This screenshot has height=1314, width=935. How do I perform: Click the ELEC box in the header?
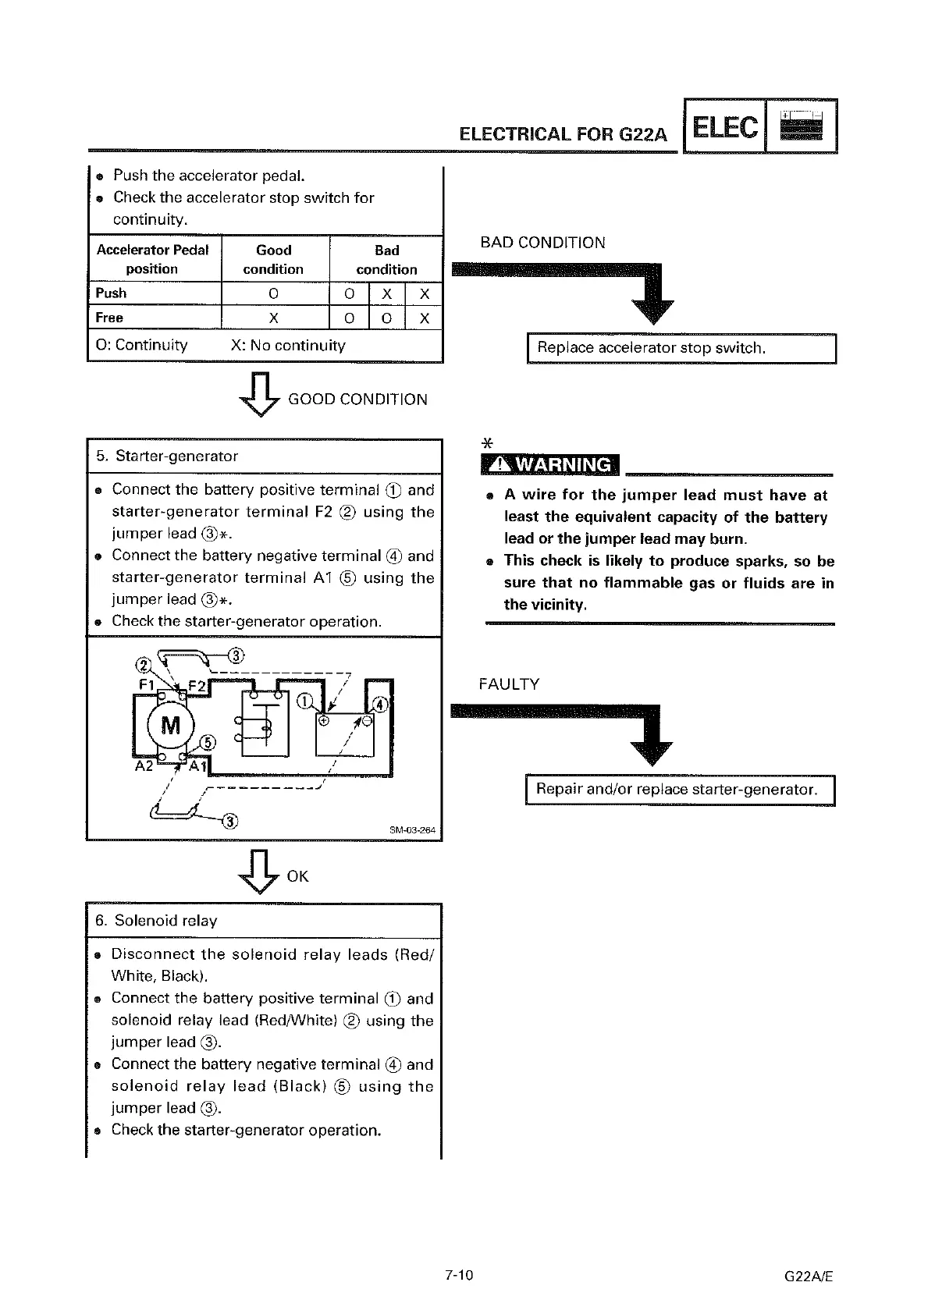click(724, 126)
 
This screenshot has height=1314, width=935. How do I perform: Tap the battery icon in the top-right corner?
click(802, 126)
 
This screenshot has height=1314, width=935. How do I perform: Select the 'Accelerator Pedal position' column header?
click(152, 259)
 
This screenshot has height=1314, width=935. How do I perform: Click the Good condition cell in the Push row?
click(273, 293)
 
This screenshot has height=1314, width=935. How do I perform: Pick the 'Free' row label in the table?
click(109, 318)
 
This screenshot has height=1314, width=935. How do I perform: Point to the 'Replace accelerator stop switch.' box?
click(681, 348)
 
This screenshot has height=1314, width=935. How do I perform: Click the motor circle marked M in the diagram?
click(170, 726)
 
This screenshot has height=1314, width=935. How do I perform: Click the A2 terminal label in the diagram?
click(144, 765)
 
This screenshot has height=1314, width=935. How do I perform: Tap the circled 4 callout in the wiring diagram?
click(382, 705)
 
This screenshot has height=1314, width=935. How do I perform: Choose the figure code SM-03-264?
click(411, 829)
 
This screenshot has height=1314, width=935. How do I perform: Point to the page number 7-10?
click(459, 1276)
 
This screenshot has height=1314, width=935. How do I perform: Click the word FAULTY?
click(509, 684)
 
